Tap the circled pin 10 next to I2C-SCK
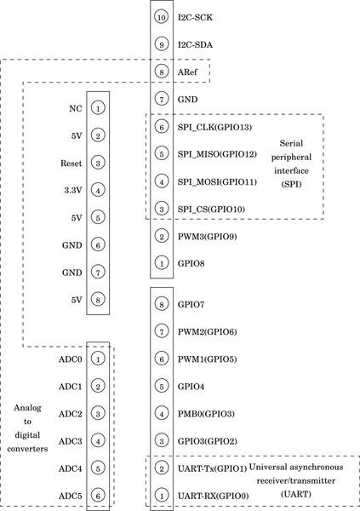click(x=161, y=17)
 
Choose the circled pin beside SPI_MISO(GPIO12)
click(x=161, y=154)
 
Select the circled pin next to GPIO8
click(x=161, y=264)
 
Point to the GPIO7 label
click(x=191, y=304)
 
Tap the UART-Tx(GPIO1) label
click(x=212, y=468)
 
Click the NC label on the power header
click(x=76, y=108)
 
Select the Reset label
click(x=71, y=163)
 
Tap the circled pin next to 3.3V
click(x=99, y=191)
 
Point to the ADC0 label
click(x=71, y=359)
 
